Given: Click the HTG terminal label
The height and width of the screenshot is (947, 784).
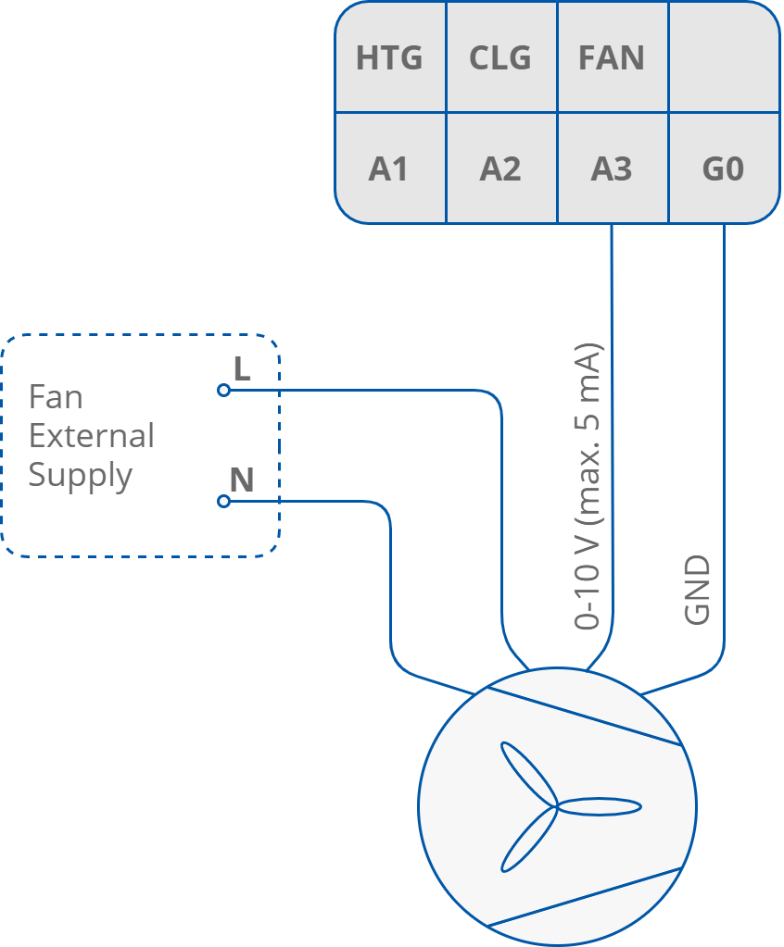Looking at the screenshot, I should tap(389, 58).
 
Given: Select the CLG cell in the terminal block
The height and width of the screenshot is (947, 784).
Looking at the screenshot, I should tap(500, 58).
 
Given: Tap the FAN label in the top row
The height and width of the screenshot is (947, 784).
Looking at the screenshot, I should tap(612, 58).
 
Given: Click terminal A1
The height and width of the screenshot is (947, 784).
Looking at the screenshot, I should tap(389, 169).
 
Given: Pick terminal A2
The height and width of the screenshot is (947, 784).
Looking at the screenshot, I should tap(500, 169).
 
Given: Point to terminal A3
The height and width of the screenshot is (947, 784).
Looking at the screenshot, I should tap(612, 169).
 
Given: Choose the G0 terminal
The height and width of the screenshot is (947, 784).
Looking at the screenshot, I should tap(723, 169).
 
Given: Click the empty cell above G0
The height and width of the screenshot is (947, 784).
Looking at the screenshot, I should tap(723, 57).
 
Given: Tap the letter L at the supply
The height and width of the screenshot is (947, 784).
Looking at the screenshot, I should tap(242, 369).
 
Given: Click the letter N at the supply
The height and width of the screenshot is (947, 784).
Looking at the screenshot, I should tap(242, 480).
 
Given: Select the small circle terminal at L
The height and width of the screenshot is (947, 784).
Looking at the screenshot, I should tap(223, 391).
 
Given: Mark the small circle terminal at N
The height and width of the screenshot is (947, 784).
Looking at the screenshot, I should tap(223, 502).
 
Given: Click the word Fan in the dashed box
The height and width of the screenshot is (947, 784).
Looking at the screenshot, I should tap(56, 397).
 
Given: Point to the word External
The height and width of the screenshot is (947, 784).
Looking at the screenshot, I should tap(91, 436).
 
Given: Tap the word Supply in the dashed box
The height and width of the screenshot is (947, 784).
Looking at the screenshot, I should tap(81, 476).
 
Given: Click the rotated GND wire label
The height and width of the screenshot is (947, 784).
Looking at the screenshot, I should tap(697, 590).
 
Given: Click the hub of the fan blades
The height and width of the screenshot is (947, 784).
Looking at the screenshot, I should tap(557, 806).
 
